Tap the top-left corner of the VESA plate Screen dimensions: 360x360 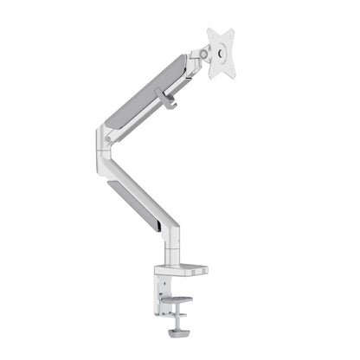[210, 31]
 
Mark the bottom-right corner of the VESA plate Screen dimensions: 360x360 [234, 76]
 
